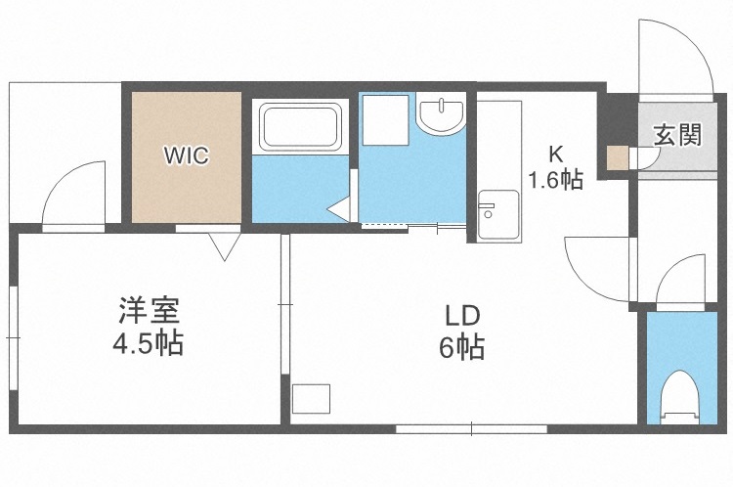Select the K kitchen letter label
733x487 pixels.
(555, 154)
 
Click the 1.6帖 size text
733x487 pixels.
(555, 180)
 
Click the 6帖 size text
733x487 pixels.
(461, 348)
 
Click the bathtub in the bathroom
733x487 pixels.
(298, 127)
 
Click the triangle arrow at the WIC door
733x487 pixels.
(224, 244)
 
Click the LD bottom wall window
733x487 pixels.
(470, 427)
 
